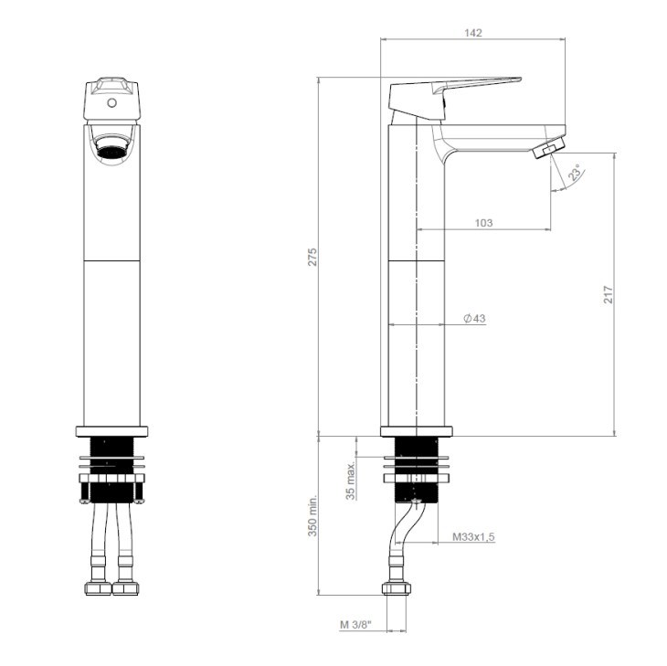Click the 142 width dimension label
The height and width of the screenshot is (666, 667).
coord(473,33)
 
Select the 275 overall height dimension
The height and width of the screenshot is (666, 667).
coord(312,257)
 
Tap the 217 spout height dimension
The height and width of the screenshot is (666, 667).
coord(609,295)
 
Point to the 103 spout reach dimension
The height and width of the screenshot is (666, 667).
coord(483,222)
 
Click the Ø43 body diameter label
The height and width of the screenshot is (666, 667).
coord(474,318)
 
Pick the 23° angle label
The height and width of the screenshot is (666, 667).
coord(576,173)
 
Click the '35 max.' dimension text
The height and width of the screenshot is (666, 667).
coord(351,481)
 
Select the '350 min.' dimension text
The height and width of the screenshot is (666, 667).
coord(312,515)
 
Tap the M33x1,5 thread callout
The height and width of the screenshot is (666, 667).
coord(473,536)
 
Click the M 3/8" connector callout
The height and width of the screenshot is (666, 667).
coord(356,625)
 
